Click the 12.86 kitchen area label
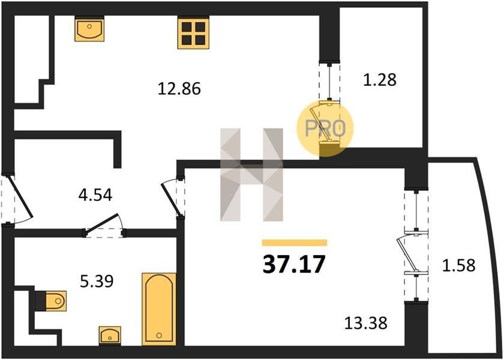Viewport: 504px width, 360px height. pos(179,88)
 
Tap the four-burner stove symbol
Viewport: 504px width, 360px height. pos(193,33)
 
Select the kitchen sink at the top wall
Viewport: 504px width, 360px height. pos(89,29)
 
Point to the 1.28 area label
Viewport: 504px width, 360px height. pos(380,80)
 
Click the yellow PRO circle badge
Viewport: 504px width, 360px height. pos(325,128)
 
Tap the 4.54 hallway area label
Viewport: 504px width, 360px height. pos(95,195)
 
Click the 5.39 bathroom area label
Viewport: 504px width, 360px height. pos(97,281)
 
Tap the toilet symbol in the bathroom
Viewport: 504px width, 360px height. pos(52,301)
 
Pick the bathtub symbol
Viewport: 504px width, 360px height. pos(159,309)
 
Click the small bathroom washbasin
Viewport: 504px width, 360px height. pos(110,335)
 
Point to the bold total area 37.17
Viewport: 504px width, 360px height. pos(294,264)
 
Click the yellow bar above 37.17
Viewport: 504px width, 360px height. pos(295,242)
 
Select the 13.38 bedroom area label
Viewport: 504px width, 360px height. pos(366,323)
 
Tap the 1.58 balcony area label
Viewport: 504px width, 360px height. pos(458,265)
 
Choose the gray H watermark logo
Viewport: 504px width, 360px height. pos(251,175)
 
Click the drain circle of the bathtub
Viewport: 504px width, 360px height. pos(159,335)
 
